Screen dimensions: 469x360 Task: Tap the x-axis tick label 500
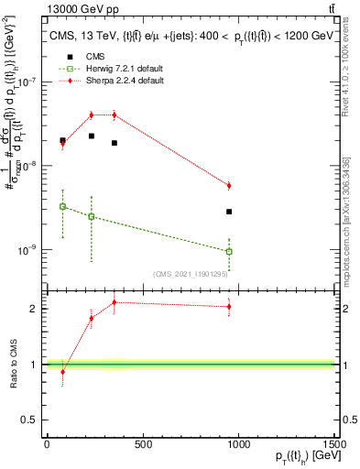click(x=142, y=444)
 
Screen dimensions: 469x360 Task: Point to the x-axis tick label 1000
click(x=239, y=444)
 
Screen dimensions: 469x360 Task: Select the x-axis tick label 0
click(x=46, y=444)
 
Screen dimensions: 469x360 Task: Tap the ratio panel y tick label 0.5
click(x=29, y=420)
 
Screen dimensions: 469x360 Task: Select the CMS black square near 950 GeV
click(x=229, y=212)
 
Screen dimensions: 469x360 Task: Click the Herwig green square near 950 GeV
click(x=229, y=251)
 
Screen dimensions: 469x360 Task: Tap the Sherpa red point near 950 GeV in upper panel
click(x=229, y=186)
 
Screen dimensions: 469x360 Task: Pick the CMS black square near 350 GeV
click(x=114, y=143)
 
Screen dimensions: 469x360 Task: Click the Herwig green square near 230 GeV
click(x=91, y=216)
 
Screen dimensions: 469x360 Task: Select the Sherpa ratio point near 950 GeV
click(x=229, y=307)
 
